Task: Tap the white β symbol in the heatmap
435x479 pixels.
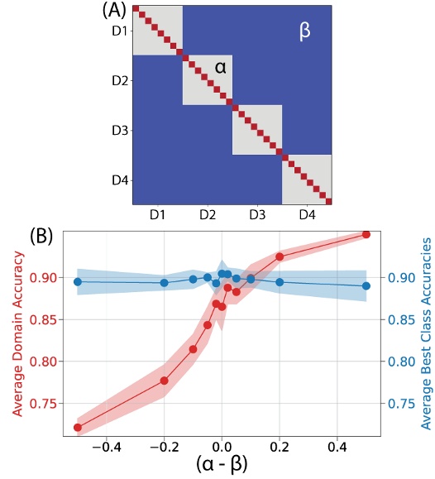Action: click(304, 32)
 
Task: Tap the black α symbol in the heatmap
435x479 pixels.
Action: click(220, 69)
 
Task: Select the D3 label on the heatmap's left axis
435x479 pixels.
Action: click(121, 131)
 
